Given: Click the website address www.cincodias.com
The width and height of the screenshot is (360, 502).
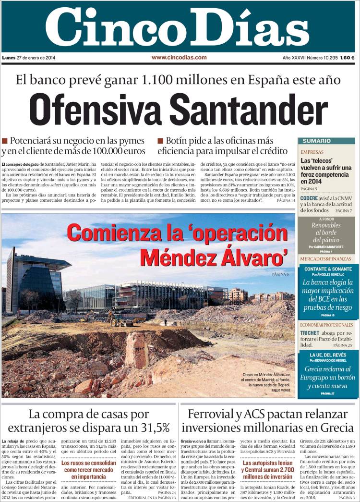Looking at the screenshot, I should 179,57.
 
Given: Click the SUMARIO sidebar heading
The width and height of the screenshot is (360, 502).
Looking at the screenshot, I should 316,141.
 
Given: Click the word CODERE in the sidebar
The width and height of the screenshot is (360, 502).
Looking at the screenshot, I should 309,198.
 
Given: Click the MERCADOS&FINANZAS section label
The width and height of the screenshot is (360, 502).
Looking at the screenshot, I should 325,259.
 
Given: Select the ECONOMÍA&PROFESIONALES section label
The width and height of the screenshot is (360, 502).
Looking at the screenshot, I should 328,324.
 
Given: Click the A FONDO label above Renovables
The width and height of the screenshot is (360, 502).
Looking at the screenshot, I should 326,219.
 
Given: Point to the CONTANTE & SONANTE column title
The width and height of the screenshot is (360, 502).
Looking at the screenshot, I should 328,269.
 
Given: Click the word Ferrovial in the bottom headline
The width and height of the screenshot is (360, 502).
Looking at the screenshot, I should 216,414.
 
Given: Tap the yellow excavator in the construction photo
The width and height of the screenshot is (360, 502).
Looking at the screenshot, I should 116,318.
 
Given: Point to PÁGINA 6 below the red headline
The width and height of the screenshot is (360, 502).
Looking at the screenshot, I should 280,274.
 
